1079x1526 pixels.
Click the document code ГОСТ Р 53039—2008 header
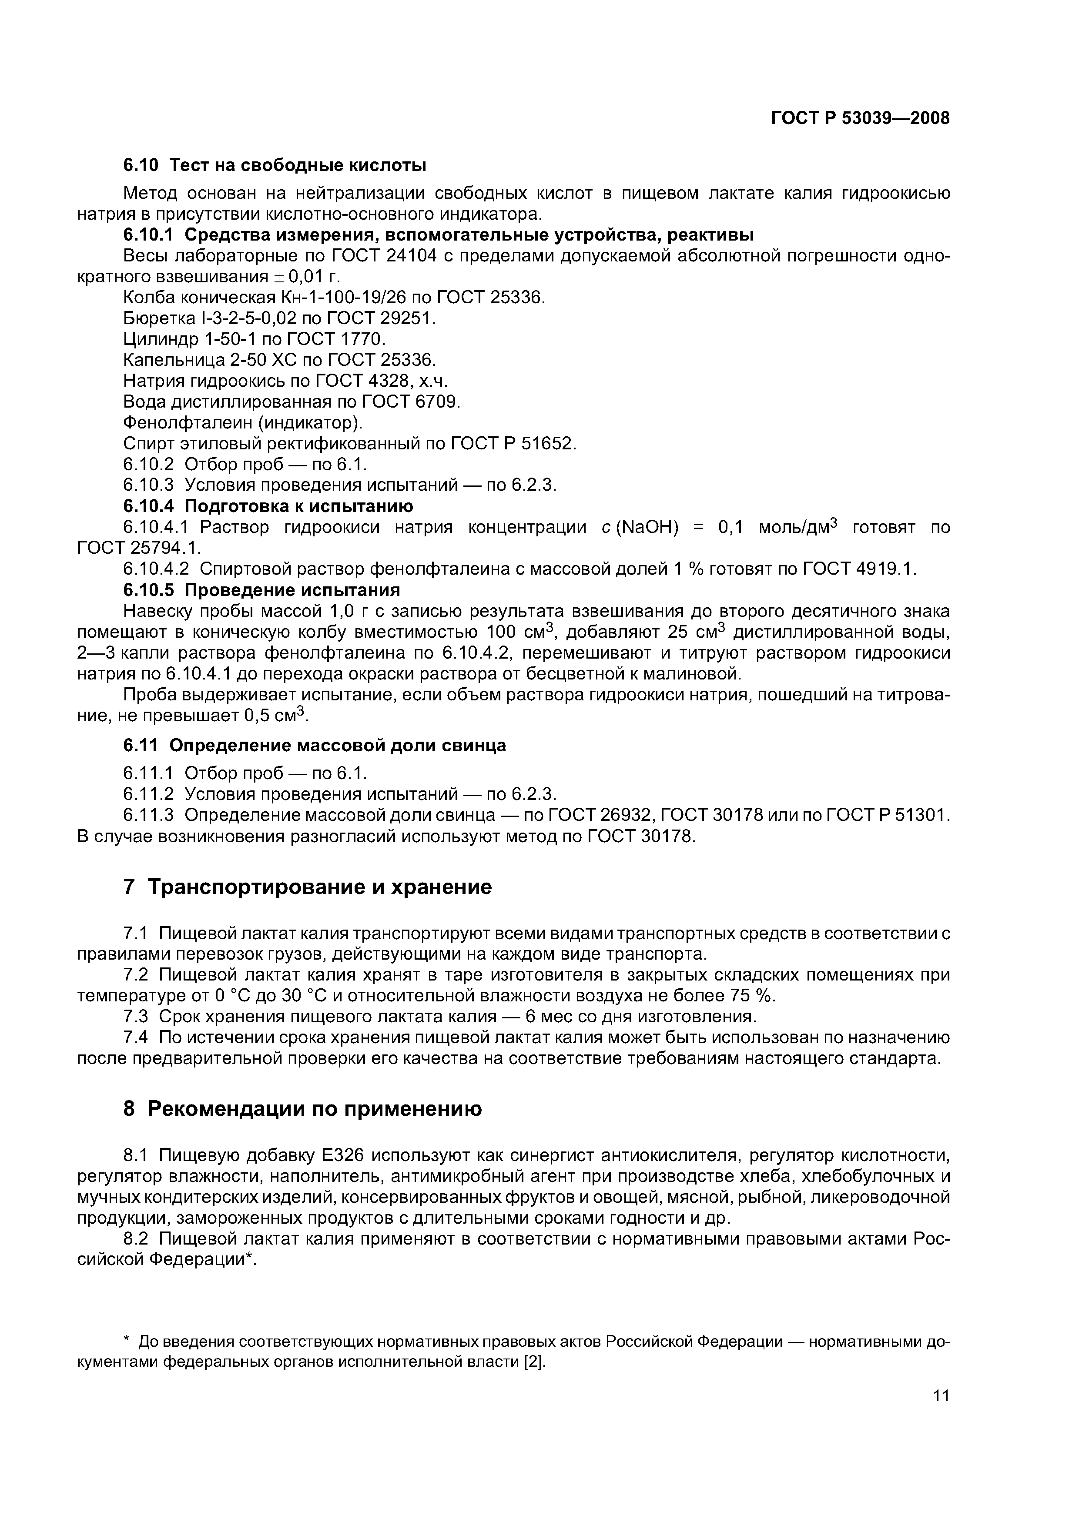(x=860, y=118)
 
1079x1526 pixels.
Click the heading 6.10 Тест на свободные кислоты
(x=275, y=165)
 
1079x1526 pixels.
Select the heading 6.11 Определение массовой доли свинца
(x=315, y=746)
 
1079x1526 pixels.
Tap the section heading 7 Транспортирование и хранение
(x=308, y=887)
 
